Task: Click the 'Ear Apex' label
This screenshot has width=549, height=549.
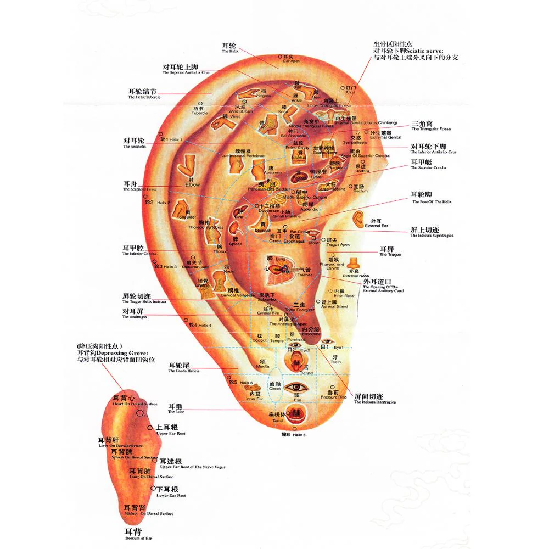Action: coord(291,60)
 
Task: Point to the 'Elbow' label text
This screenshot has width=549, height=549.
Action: coord(193,184)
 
